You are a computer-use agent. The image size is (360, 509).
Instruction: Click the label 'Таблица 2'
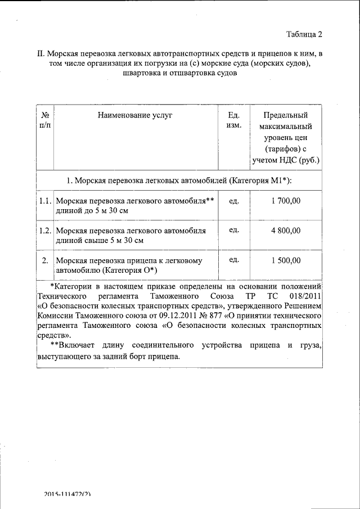(x=304, y=34)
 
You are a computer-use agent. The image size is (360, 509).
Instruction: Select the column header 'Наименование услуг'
(x=135, y=115)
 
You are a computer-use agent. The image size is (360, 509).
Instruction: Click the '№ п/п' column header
(x=44, y=120)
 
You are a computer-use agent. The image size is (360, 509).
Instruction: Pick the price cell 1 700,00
(x=286, y=201)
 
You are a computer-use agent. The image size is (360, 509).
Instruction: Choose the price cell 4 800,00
(x=286, y=231)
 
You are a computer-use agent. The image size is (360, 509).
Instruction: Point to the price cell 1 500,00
(x=286, y=260)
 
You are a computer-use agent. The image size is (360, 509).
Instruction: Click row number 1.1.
(x=45, y=201)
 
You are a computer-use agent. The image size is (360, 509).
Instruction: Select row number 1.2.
(x=45, y=231)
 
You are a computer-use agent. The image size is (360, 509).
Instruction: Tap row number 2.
(x=45, y=260)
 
